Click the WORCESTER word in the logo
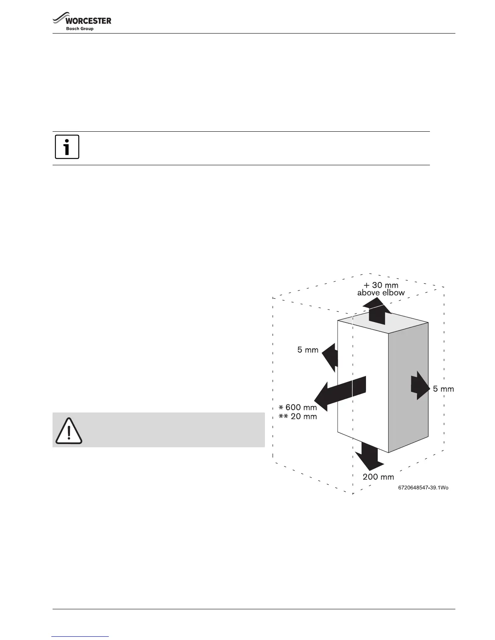89,21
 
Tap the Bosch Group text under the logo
80,29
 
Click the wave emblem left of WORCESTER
59,20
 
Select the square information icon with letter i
67,147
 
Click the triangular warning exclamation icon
69,431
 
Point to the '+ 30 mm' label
381,285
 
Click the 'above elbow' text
381,293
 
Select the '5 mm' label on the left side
308,350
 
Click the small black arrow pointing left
331,355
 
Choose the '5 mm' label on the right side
443,389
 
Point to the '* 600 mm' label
298,408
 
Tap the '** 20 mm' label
298,416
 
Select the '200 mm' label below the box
378,477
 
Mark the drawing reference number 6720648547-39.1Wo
423,488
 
